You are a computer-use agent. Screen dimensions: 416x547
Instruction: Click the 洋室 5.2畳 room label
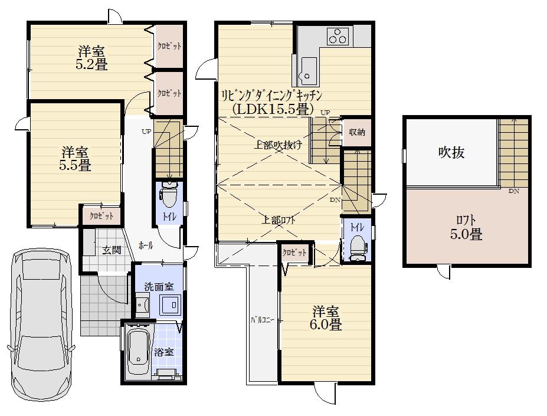pos(91,57)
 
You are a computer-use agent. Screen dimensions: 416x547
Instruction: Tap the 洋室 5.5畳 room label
pos(75,158)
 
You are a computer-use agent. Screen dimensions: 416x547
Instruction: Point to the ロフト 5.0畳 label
pos(466,227)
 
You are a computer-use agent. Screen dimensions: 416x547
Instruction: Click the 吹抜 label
pos(451,152)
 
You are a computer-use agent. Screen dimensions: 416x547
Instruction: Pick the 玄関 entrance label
pos(112,250)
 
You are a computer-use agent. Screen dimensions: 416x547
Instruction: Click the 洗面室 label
pos(159,287)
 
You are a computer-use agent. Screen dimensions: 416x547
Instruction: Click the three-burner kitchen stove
pos(338,37)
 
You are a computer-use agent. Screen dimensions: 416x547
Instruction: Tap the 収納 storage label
pos(356,132)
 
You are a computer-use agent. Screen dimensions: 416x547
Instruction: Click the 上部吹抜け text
pos(278,146)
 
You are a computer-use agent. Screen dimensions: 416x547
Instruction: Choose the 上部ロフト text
pos(279,220)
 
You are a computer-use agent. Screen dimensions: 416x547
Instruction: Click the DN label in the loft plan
pos(513,191)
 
